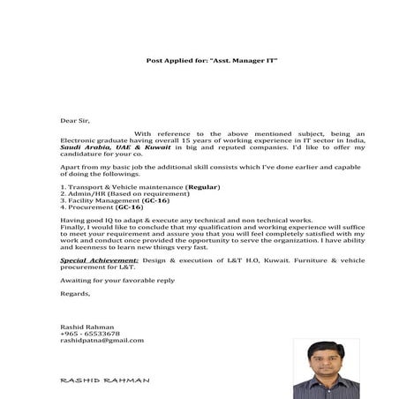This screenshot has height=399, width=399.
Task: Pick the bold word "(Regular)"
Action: [202, 187]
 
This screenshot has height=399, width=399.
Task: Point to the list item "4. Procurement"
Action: [83, 207]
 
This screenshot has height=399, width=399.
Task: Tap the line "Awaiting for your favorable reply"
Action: [117, 280]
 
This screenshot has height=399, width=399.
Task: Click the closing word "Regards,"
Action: [75, 293]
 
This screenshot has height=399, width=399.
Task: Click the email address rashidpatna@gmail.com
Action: [102, 340]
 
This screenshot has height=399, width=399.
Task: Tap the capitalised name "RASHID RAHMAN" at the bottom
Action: [104, 380]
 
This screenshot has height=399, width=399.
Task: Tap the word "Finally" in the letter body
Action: [74, 227]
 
